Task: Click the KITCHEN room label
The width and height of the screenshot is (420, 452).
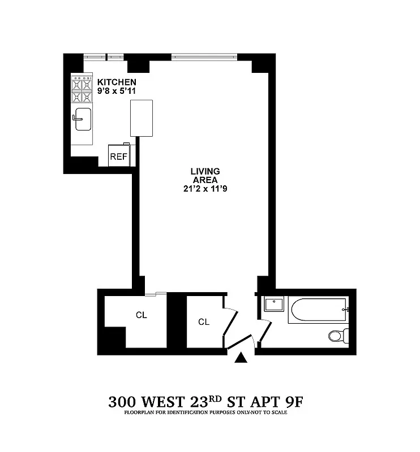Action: (x=117, y=82)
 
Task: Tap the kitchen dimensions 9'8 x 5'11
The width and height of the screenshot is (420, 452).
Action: (x=117, y=90)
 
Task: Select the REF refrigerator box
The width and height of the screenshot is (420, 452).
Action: (x=118, y=157)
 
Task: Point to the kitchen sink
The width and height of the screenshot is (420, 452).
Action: (x=82, y=118)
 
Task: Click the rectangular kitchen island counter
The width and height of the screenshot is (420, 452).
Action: (x=142, y=118)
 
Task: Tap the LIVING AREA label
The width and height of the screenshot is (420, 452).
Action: (x=204, y=175)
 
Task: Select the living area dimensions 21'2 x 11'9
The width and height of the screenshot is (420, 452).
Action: (x=204, y=190)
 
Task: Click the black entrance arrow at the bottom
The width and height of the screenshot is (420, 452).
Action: (x=241, y=358)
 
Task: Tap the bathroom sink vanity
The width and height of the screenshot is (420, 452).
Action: (x=274, y=305)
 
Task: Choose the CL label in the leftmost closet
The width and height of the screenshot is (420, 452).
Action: (x=141, y=315)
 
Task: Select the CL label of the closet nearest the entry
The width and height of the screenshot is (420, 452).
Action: (x=204, y=322)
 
